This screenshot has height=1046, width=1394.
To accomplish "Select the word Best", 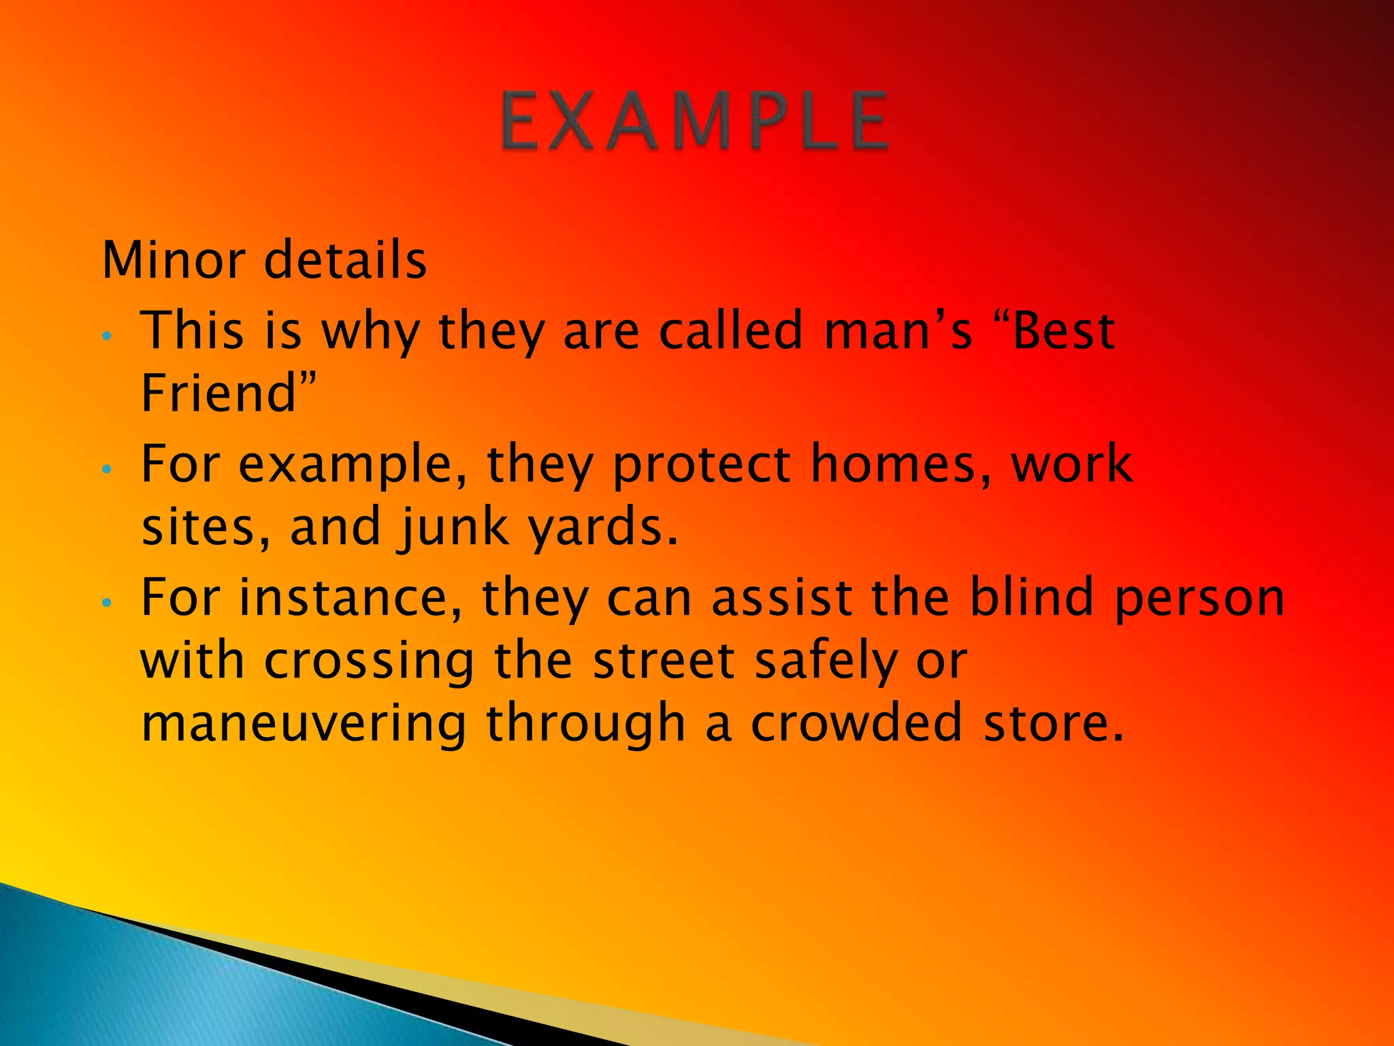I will tap(1063, 331).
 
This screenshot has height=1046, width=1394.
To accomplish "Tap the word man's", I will tap(898, 331).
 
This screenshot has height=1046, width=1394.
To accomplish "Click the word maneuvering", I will tap(304, 725).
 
